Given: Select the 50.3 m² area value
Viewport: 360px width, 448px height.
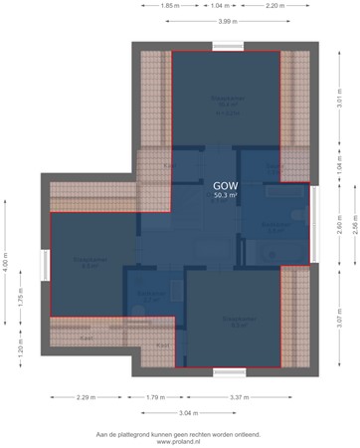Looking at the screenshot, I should [225, 196].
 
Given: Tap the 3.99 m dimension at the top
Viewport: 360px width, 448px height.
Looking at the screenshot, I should [226, 21].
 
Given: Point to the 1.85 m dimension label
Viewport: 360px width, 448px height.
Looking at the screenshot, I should [169, 6].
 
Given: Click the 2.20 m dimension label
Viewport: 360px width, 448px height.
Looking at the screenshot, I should [275, 6].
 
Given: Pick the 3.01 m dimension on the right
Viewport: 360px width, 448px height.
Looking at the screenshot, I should [339, 102].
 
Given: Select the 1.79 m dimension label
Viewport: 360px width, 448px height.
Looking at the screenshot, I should [154, 397].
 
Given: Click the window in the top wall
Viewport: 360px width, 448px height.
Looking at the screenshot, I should [227, 46].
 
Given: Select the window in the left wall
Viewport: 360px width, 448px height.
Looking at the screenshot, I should [44, 265].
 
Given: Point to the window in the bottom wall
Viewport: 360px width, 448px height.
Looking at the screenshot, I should [229, 371].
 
